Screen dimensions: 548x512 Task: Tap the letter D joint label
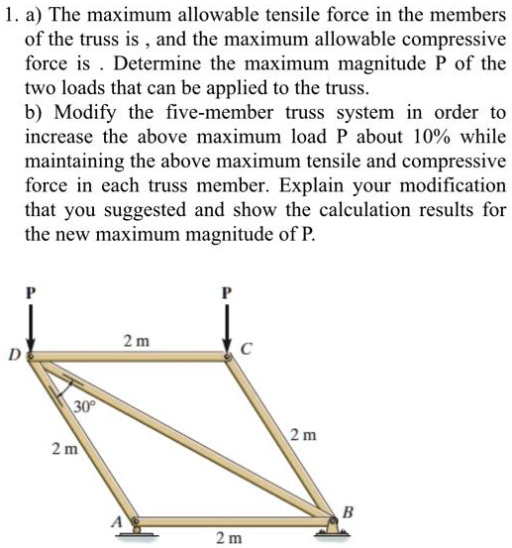(x=15, y=354)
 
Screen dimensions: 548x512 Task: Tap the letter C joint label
(x=247, y=348)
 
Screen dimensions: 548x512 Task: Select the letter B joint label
(x=346, y=511)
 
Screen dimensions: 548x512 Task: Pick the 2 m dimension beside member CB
(x=304, y=436)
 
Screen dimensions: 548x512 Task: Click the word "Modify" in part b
(x=95, y=112)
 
